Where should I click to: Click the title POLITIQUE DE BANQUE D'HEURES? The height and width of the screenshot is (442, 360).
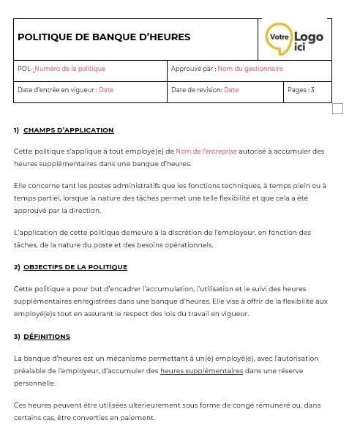[104, 37]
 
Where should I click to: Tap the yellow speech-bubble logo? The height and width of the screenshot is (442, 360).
[279, 38]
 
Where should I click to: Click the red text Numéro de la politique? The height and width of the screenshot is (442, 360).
[70, 69]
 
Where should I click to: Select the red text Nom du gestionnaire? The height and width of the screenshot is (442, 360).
[250, 69]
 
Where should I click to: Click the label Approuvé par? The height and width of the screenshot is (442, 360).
[192, 69]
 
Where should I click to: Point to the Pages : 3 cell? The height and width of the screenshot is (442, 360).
[301, 90]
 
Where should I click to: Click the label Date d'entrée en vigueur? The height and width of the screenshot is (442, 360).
[57, 90]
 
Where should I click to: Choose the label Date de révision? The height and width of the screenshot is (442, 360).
[196, 90]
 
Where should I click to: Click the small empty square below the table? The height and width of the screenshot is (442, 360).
[337, 109]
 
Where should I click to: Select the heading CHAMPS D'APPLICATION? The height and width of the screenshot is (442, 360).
[69, 130]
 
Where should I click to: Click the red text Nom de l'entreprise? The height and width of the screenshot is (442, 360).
[206, 151]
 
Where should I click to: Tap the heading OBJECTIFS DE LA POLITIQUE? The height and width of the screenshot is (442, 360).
[75, 267]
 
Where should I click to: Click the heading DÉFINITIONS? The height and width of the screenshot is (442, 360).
[47, 337]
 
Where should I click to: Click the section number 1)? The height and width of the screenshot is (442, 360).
[16, 130]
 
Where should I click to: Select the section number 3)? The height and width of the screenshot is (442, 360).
[16, 337]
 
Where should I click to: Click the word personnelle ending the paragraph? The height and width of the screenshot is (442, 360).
[34, 383]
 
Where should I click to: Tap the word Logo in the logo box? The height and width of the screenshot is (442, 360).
[308, 37]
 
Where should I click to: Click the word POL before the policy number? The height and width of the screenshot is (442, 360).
[23, 69]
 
